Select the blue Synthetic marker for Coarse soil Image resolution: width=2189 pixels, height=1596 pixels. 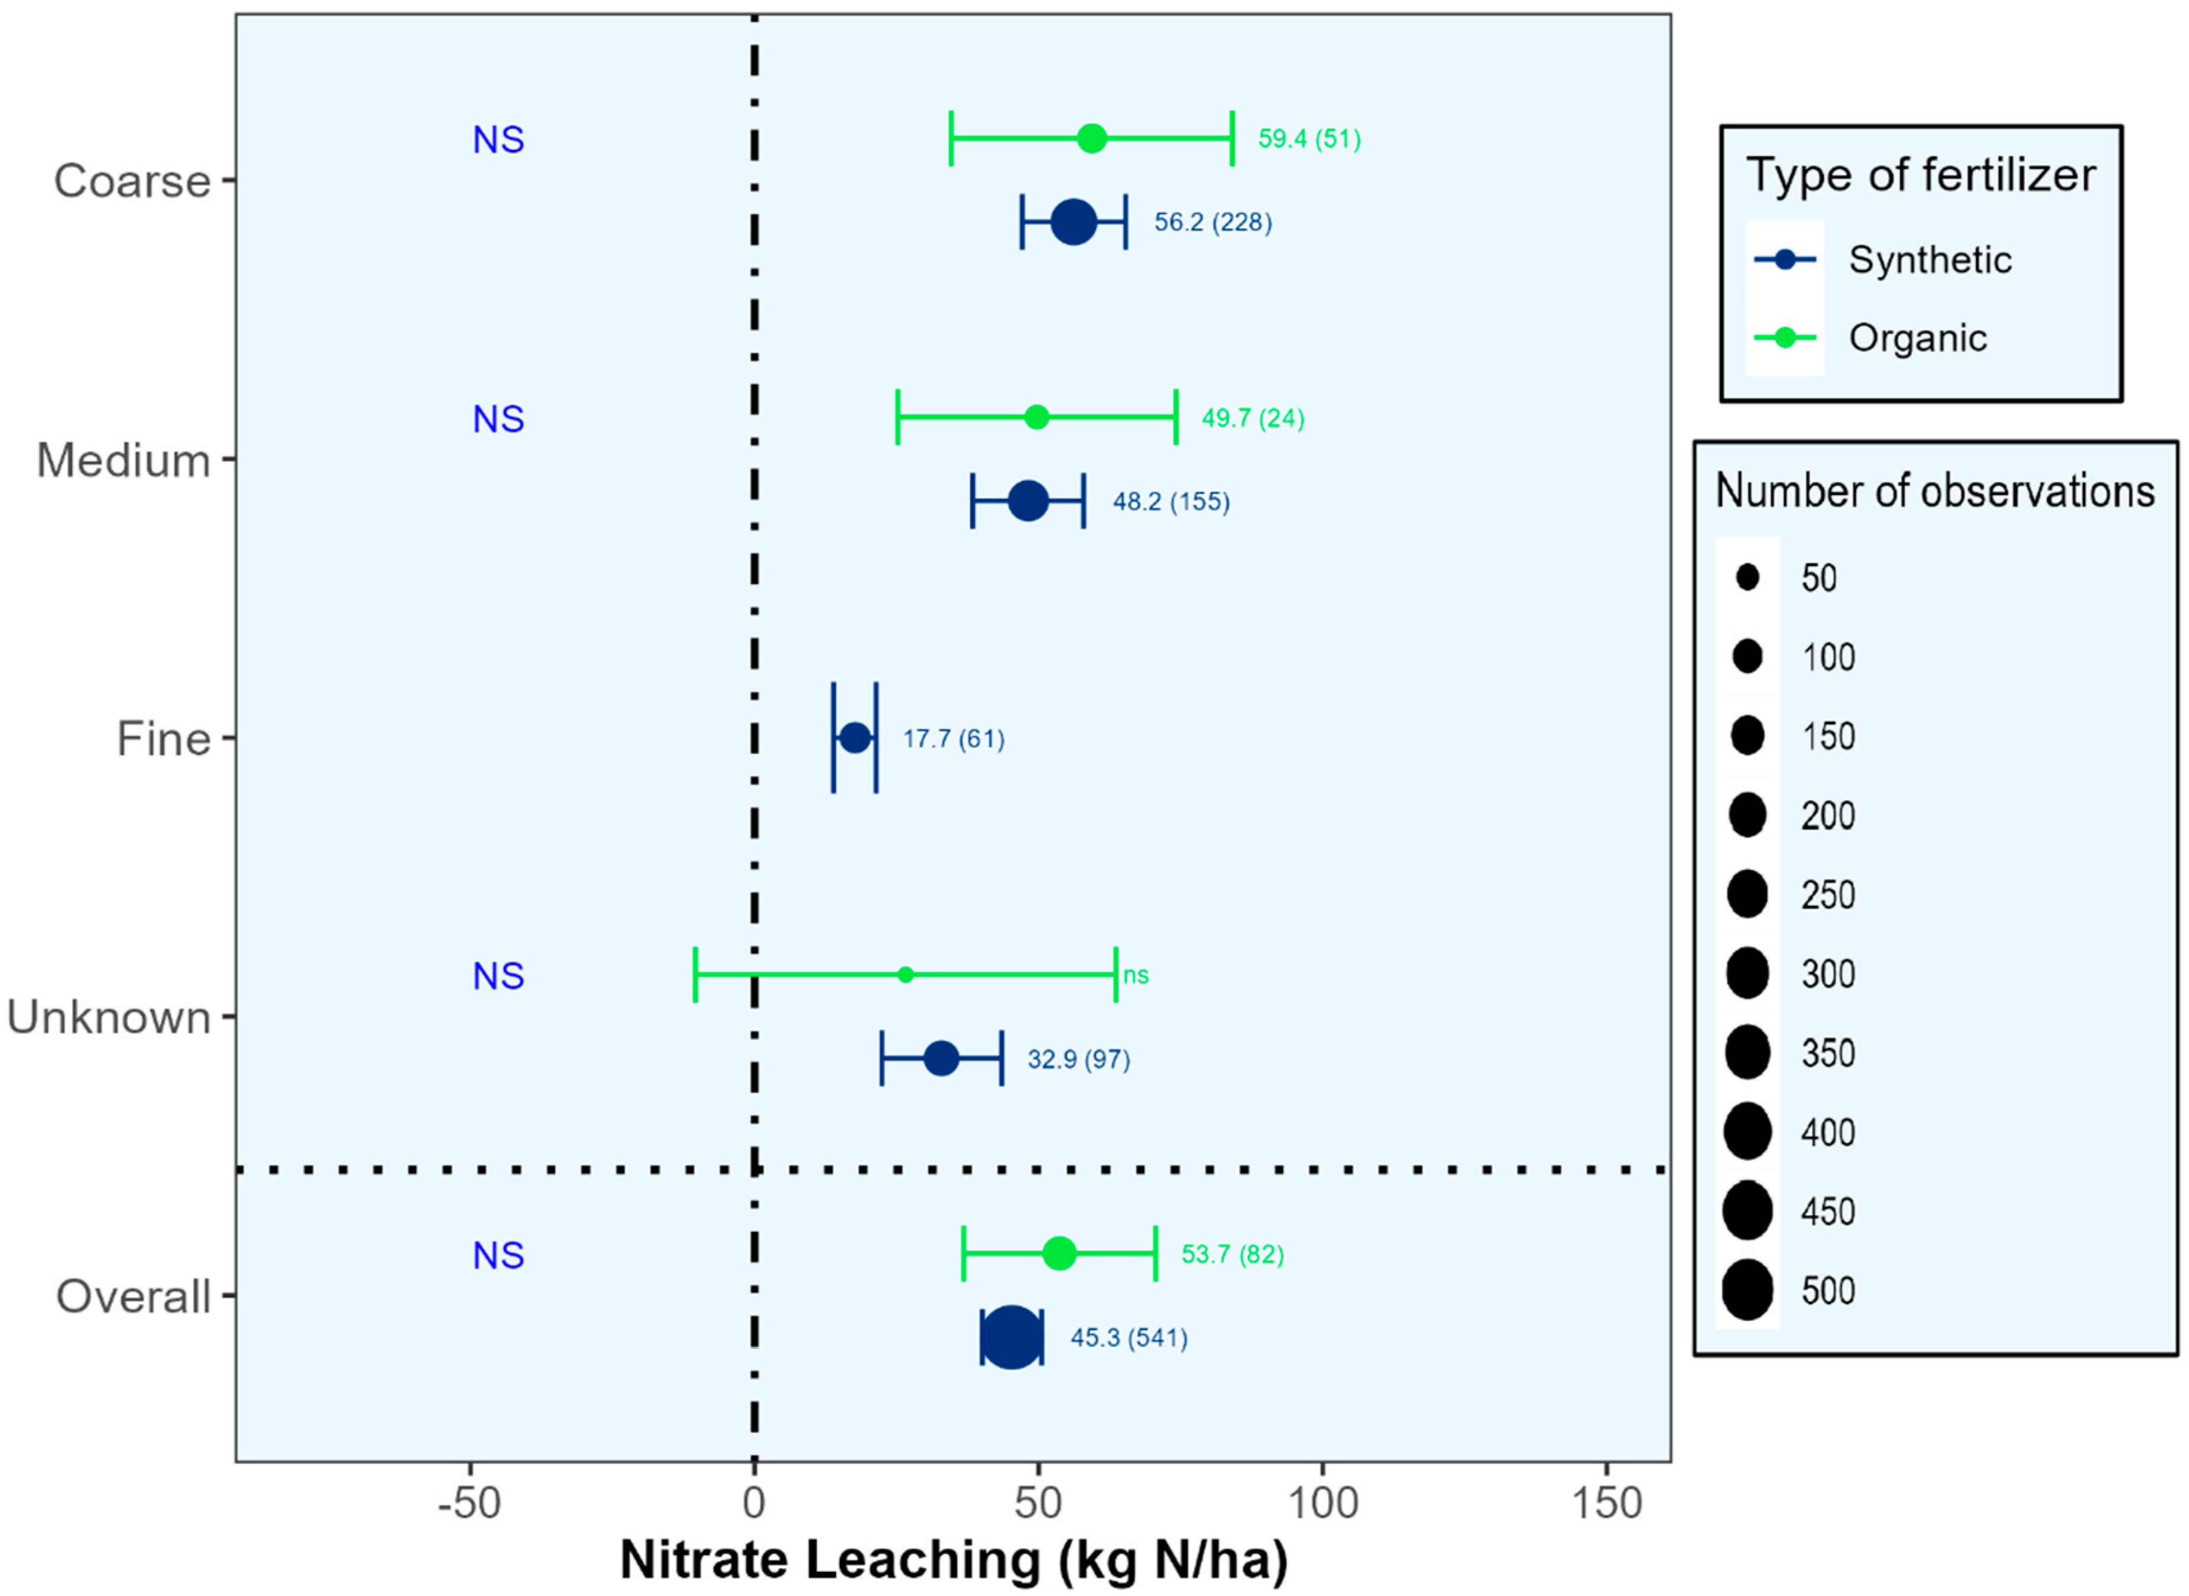point(1073,222)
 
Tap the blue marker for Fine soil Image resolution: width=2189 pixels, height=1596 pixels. point(855,738)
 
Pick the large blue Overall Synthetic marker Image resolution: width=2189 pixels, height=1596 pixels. point(1011,1337)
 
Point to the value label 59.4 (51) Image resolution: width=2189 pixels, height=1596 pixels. point(1309,139)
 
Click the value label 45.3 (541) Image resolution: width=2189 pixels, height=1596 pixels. point(1129,1338)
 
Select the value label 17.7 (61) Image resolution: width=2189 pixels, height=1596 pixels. point(954,739)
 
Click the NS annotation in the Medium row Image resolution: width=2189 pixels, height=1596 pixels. point(498,419)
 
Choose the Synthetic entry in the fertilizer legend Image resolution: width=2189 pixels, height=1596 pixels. point(1929,260)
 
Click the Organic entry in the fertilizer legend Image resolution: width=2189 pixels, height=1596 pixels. point(1917,338)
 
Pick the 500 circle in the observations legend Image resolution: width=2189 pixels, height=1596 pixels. point(1747,1290)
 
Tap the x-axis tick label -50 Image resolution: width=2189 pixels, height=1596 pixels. point(470,1503)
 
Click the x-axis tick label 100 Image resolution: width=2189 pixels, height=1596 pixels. point(1323,1503)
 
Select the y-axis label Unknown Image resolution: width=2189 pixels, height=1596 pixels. point(109,1017)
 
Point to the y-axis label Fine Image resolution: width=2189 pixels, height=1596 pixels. point(163,739)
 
